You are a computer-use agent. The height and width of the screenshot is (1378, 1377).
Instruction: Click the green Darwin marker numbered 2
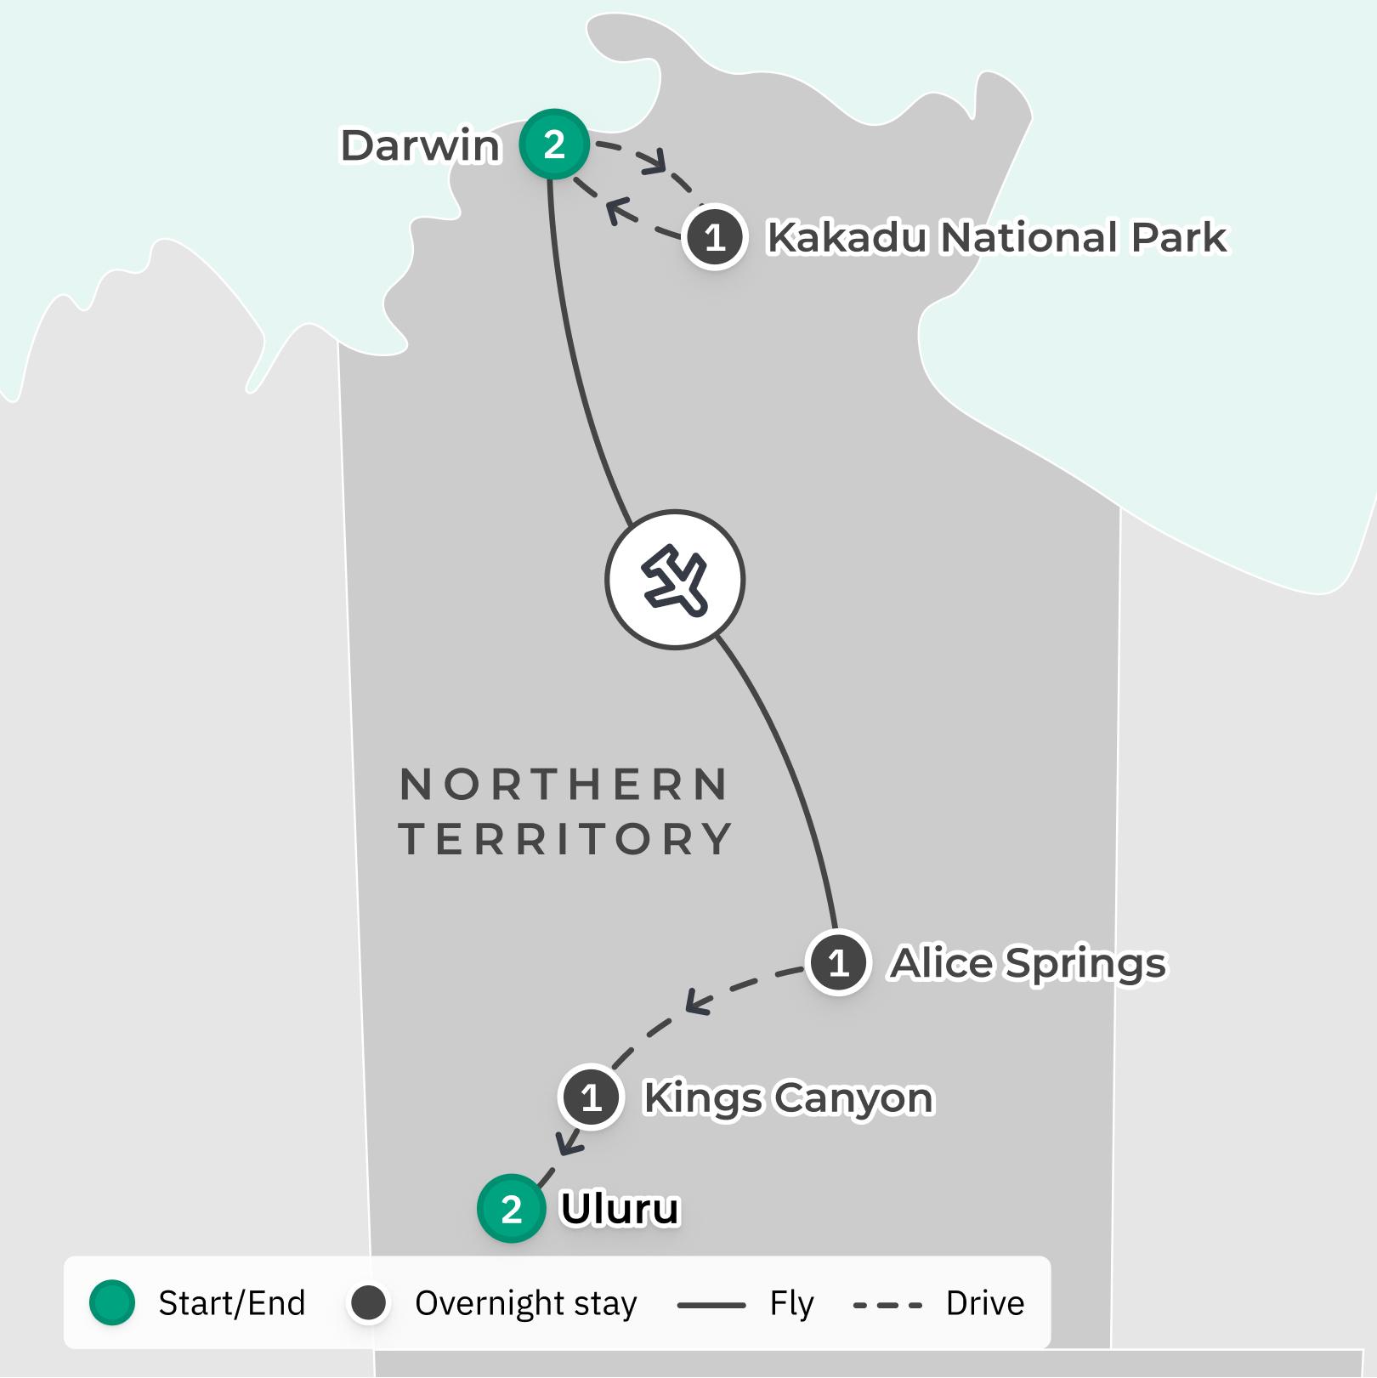point(554,145)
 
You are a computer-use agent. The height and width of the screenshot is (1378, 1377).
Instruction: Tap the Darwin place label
point(420,145)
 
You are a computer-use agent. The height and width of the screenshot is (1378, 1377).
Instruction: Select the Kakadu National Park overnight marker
point(715,237)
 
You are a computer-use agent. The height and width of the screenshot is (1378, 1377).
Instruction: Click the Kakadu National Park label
point(996,237)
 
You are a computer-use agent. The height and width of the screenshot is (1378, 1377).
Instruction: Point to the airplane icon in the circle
point(675,580)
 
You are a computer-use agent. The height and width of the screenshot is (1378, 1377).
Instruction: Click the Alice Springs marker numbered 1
point(839,963)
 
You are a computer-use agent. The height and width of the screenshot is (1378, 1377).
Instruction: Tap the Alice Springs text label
point(1028,963)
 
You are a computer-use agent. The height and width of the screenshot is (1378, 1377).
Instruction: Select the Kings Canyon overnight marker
point(592,1097)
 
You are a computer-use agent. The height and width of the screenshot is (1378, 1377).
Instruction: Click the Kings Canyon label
point(788,1097)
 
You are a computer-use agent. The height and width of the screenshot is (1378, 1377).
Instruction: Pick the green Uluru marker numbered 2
point(511,1209)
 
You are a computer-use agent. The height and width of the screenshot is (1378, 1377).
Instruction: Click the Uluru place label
point(620,1209)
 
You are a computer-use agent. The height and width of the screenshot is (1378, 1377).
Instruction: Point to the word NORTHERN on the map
point(564,784)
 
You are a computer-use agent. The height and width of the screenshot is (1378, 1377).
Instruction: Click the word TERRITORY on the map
point(566,839)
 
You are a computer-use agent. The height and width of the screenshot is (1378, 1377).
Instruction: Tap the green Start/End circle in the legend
point(112,1302)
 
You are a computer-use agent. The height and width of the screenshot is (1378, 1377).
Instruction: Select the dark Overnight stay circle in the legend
point(369,1302)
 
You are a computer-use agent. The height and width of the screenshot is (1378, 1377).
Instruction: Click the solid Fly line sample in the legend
point(711,1304)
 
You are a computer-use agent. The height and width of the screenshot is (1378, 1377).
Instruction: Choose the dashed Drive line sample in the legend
point(887,1304)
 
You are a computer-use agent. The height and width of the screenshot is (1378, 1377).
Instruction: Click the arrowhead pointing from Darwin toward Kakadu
point(655,162)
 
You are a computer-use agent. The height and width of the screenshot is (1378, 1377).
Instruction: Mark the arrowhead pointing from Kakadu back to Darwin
point(618,211)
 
